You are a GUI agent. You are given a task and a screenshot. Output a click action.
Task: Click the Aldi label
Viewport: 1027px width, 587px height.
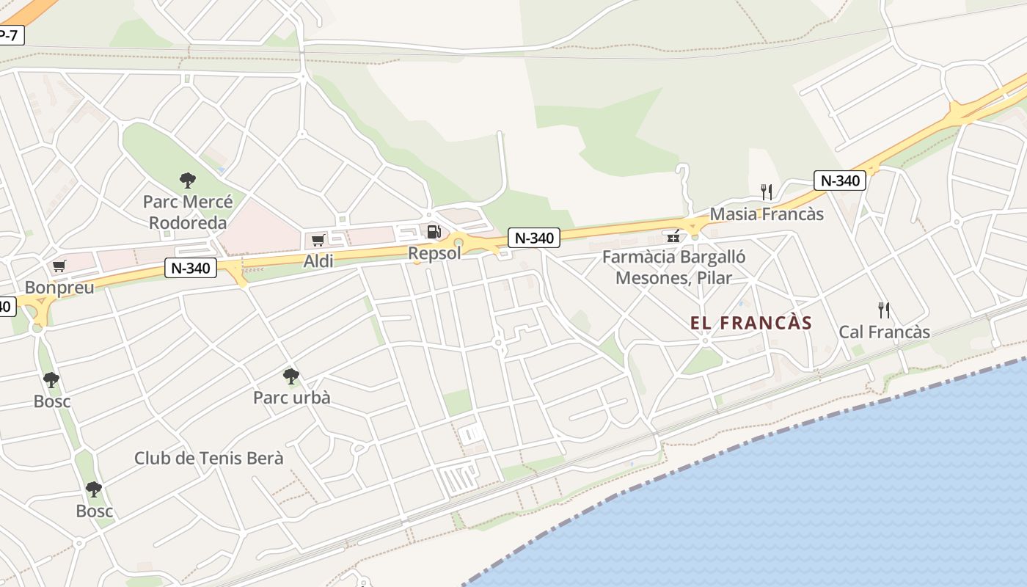click(x=318, y=260)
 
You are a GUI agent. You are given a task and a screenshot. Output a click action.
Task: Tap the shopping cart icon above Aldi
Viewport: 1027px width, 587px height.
click(x=318, y=240)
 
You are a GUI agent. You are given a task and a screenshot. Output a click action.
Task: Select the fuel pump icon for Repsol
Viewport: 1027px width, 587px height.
click(x=434, y=232)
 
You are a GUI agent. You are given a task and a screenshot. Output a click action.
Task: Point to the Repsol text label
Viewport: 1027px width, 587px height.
click(x=435, y=253)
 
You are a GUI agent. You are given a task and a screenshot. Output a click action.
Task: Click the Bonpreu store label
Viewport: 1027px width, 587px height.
click(x=59, y=287)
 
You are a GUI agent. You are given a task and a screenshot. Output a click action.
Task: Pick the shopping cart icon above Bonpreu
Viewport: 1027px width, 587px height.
click(x=59, y=266)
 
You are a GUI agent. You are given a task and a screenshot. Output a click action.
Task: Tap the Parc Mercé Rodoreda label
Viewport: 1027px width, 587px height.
click(x=188, y=211)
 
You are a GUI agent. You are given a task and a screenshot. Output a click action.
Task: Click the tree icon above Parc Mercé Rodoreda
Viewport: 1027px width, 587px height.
click(x=188, y=180)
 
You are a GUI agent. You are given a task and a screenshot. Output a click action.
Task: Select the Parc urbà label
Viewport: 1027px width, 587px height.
click(x=291, y=398)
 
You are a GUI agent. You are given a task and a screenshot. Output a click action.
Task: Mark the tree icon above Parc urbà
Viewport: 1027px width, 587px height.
click(x=291, y=376)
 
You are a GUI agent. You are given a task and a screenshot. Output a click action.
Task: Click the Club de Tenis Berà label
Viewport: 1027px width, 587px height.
click(x=208, y=458)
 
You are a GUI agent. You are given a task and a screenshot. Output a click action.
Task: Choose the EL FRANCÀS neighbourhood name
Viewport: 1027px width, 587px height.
click(x=751, y=323)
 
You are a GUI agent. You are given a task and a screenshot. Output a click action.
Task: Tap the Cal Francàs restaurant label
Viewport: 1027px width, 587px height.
click(x=884, y=332)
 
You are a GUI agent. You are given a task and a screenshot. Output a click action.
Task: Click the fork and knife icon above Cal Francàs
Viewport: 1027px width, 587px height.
click(x=884, y=310)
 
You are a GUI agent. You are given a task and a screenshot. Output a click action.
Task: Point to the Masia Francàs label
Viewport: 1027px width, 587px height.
click(x=767, y=214)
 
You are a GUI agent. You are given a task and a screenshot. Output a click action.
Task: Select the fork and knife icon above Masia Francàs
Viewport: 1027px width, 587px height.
click(x=767, y=192)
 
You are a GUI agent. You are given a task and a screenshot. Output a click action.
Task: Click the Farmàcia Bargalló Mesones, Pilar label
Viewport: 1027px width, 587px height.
click(x=673, y=267)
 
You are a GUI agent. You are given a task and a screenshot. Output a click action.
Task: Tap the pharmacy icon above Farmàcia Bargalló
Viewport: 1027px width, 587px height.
click(x=672, y=236)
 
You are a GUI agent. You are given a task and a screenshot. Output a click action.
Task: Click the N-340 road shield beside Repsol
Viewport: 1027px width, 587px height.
click(x=534, y=238)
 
